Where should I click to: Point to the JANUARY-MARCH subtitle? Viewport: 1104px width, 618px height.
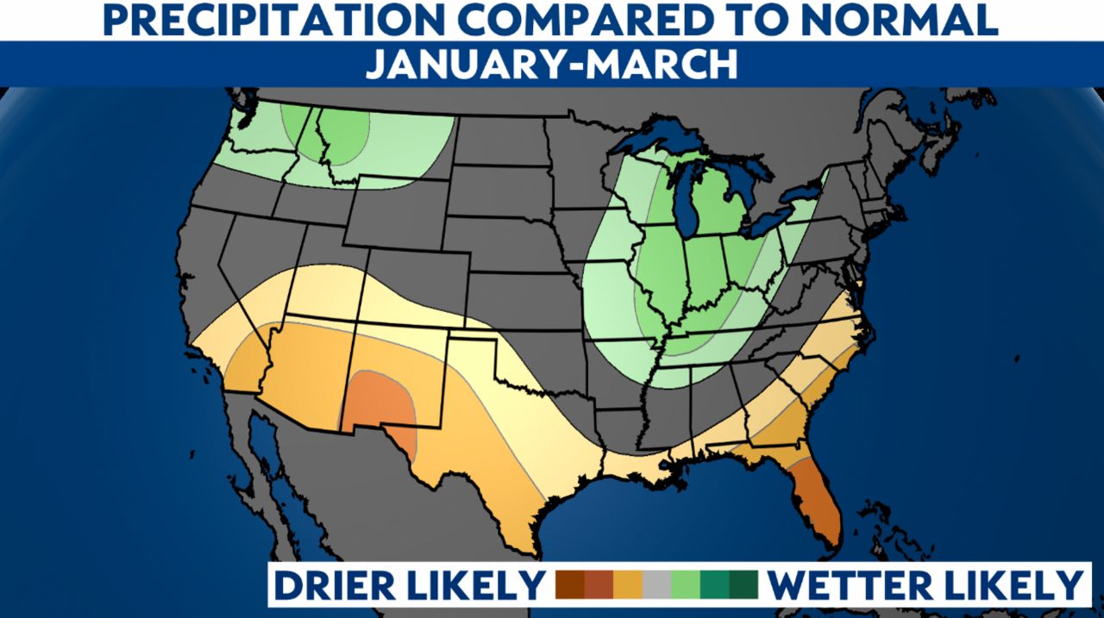point(551,65)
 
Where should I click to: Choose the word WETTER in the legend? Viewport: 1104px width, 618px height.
point(850,584)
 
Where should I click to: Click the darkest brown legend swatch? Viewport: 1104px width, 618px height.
point(570,584)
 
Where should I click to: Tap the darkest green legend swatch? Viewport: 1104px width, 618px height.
point(743,584)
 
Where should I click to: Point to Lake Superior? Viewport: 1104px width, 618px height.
point(664,138)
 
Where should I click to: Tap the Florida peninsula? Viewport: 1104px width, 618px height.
point(816,500)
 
